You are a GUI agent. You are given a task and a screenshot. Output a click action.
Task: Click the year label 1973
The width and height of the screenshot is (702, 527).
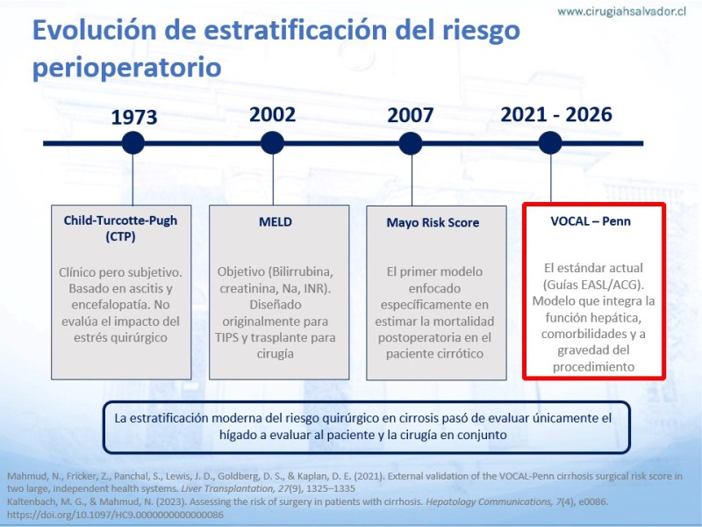pos(134,118)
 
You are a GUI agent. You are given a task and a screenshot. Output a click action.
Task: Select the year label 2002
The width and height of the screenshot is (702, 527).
pos(272,115)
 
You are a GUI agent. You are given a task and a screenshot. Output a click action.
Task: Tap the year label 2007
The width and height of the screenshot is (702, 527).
pos(410,115)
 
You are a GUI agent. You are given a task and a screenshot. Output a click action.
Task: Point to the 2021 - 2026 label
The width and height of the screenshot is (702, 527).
pos(556,115)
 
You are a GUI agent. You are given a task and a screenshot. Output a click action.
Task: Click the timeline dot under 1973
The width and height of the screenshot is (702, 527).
pos(133,143)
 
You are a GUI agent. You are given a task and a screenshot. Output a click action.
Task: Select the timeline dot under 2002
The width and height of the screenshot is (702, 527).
pos(272,143)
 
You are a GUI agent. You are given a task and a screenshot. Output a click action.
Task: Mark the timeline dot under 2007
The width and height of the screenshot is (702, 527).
pos(411,143)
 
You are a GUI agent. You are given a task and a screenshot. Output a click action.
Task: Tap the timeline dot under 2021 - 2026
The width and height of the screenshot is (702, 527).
pos(550,143)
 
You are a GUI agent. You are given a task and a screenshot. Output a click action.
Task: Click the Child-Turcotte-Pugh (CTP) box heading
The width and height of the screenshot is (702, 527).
pos(120,228)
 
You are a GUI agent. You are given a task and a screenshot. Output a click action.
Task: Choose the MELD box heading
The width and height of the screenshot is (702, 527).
pos(276,222)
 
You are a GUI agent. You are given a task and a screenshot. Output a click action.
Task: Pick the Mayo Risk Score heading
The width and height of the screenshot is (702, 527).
pos(433,223)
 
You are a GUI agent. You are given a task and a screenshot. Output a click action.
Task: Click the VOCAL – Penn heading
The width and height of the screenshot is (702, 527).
pos(591,221)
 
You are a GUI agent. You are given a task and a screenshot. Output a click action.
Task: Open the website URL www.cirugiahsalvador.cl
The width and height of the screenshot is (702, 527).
pos(622,11)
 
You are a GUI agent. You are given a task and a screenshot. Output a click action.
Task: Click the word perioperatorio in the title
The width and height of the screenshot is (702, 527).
pos(127,69)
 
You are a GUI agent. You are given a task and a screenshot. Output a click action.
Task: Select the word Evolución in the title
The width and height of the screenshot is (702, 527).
pos(95,30)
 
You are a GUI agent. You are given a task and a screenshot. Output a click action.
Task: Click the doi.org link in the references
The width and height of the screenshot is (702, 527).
pos(115,515)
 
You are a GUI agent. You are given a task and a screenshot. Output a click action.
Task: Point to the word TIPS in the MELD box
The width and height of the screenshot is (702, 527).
pos(226,337)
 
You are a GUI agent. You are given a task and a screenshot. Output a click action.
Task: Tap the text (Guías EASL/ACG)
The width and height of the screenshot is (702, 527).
pos(593,285)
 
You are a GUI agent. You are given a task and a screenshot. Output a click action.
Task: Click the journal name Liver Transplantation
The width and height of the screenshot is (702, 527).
pos(226,488)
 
